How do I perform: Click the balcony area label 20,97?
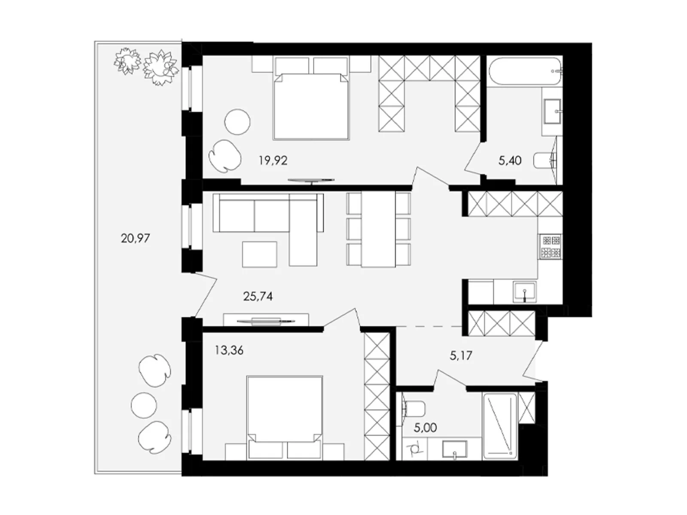135,239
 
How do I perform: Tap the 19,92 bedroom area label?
273,161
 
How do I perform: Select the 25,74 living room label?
258,297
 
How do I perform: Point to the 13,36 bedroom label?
229,351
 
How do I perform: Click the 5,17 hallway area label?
461,355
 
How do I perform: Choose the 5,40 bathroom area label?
510,161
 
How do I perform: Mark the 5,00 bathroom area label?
426,428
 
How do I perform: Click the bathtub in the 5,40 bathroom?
525,71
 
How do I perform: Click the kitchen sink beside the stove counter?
524,292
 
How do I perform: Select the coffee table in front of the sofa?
259,254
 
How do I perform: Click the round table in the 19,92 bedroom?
237,122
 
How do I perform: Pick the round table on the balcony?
143,405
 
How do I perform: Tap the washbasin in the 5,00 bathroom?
454,449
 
